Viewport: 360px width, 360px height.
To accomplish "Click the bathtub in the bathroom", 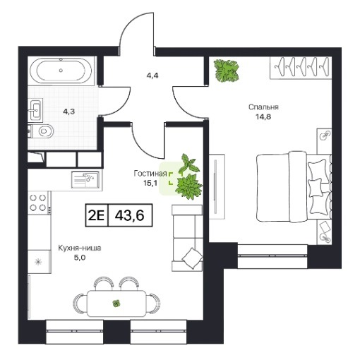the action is tap(61, 71).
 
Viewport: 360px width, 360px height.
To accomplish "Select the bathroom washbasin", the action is tap(35, 110).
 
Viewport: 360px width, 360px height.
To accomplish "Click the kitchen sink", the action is tap(85, 179).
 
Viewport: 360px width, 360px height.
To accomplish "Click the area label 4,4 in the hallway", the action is tap(152, 76).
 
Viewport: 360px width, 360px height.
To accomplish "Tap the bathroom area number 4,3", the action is tap(68, 112).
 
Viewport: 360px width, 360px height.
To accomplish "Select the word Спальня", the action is tap(263, 107).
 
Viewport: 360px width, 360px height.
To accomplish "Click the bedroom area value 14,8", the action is tap(263, 116).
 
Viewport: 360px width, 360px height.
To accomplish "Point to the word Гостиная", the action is tap(150, 174).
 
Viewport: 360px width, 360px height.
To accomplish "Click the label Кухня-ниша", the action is tap(80, 248).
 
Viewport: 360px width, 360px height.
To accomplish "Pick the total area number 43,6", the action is tap(129, 215).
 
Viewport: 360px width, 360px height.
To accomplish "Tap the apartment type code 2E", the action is tap(96, 215).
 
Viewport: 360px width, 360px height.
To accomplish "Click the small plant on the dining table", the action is tap(116, 304).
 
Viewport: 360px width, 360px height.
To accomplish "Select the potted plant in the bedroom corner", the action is tap(226, 71).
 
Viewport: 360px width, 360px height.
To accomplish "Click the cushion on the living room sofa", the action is tap(192, 258).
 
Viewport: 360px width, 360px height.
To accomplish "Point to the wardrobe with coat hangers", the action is tap(301, 68).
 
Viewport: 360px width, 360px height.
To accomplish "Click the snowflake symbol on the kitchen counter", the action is tap(38, 262).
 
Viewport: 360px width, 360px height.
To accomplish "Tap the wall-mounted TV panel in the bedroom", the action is tap(216, 186).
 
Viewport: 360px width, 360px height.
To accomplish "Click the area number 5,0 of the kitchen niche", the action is tap(80, 258).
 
